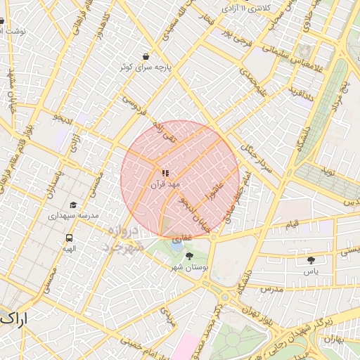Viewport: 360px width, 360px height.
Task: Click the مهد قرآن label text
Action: (x=165, y=184)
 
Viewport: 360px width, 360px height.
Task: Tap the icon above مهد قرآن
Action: (x=165, y=173)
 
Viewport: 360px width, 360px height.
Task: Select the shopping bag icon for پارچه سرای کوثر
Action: (x=146, y=56)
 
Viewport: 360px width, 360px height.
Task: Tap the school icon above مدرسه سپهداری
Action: (x=73, y=205)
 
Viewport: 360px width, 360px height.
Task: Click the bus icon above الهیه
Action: (x=68, y=238)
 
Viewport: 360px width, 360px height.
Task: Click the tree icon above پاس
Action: (x=311, y=260)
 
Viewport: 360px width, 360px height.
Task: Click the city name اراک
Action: (x=14, y=319)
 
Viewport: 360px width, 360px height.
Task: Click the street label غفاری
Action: (x=185, y=239)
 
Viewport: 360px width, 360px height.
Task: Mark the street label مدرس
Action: (x=271, y=289)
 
